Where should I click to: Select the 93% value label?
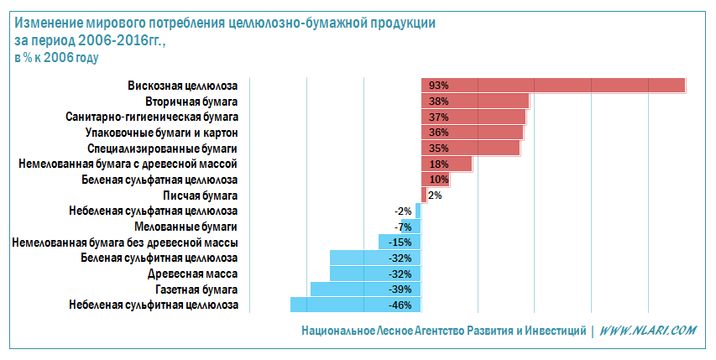(438, 86)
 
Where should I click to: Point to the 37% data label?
(438, 117)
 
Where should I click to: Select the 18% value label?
(438, 164)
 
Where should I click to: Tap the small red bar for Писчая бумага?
(424, 195)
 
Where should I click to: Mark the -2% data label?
(403, 211)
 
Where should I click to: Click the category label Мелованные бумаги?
(186, 227)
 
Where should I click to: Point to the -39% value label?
(400, 290)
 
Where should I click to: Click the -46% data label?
(400, 305)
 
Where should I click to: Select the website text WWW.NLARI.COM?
(647, 331)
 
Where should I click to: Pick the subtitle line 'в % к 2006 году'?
(57, 58)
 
